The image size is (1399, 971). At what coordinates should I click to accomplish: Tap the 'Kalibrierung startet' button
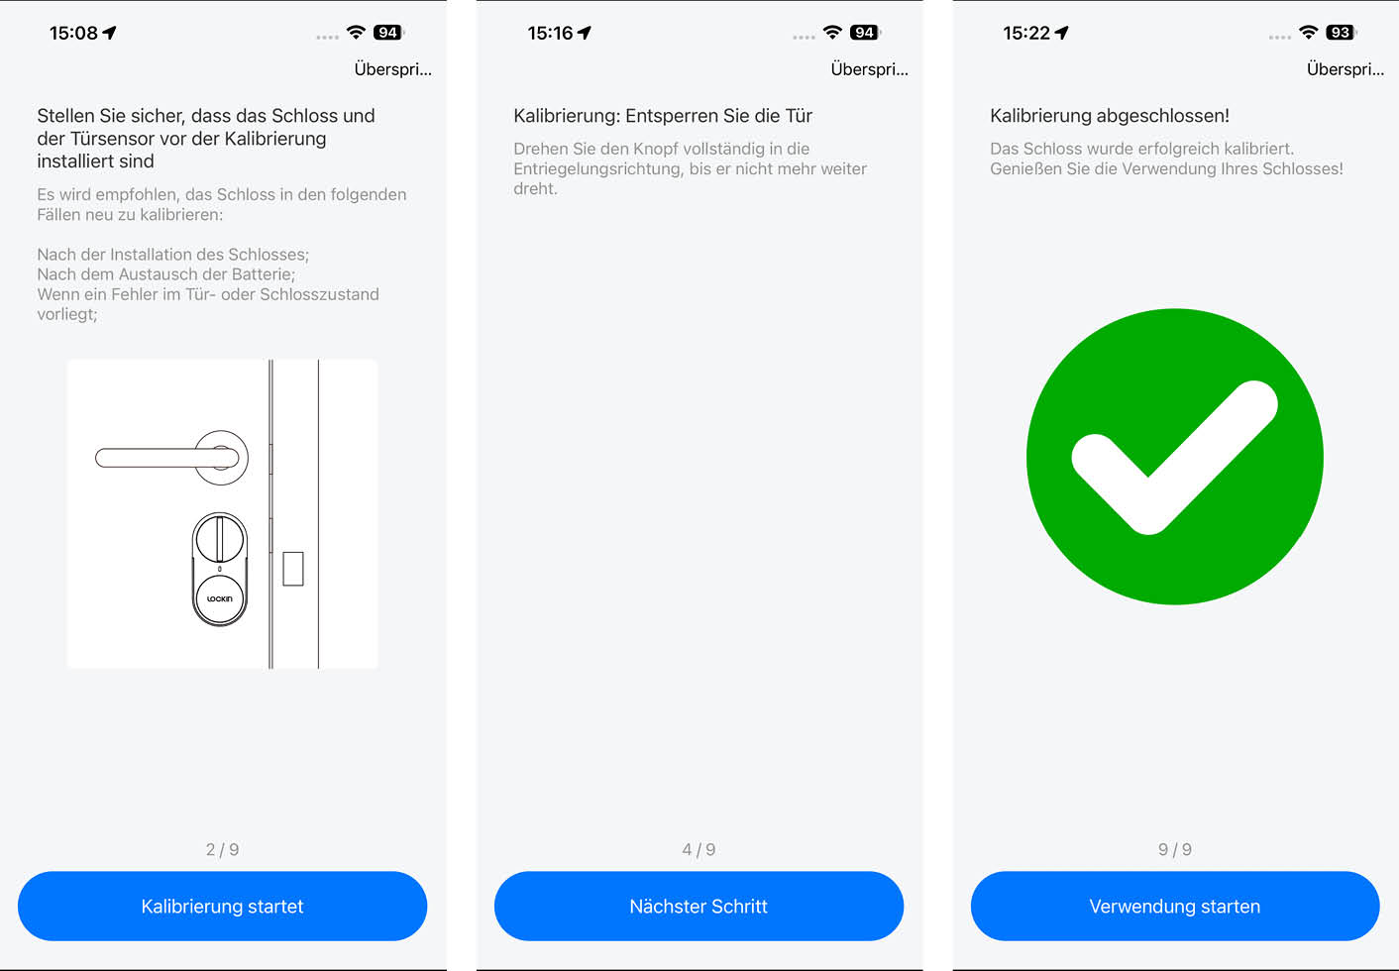pyautogui.click(x=222, y=906)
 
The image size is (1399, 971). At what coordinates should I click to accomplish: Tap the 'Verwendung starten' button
pyautogui.click(x=1175, y=906)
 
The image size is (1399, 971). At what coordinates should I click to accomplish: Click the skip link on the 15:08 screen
pyautogui.click(x=392, y=69)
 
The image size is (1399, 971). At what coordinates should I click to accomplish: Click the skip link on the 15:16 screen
pyautogui.click(x=869, y=69)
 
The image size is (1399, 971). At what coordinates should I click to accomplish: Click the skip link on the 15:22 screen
pyautogui.click(x=1345, y=69)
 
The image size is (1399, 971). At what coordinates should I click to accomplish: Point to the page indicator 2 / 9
pyautogui.click(x=222, y=849)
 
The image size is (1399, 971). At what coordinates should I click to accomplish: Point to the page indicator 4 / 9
pyautogui.click(x=699, y=849)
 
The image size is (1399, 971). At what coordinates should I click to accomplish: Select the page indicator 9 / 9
pyautogui.click(x=1175, y=849)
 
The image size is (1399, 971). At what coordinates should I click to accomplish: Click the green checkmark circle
pyautogui.click(x=1175, y=457)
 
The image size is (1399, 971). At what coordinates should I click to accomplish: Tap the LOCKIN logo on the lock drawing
pyautogui.click(x=219, y=598)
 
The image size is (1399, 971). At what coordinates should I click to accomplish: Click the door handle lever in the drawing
pyautogui.click(x=166, y=458)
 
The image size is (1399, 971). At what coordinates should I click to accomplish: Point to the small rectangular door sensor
pyautogui.click(x=293, y=569)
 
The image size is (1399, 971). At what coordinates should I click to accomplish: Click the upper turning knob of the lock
pyautogui.click(x=219, y=538)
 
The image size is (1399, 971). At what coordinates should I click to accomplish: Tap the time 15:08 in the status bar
pyautogui.click(x=73, y=33)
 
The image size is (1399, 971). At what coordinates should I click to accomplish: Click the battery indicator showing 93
pyautogui.click(x=1341, y=33)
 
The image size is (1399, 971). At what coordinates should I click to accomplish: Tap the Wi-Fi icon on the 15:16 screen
pyautogui.click(x=832, y=33)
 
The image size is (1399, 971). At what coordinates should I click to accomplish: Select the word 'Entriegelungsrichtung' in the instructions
pyautogui.click(x=597, y=169)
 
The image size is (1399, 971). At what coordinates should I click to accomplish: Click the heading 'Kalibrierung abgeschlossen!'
pyautogui.click(x=1110, y=116)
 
